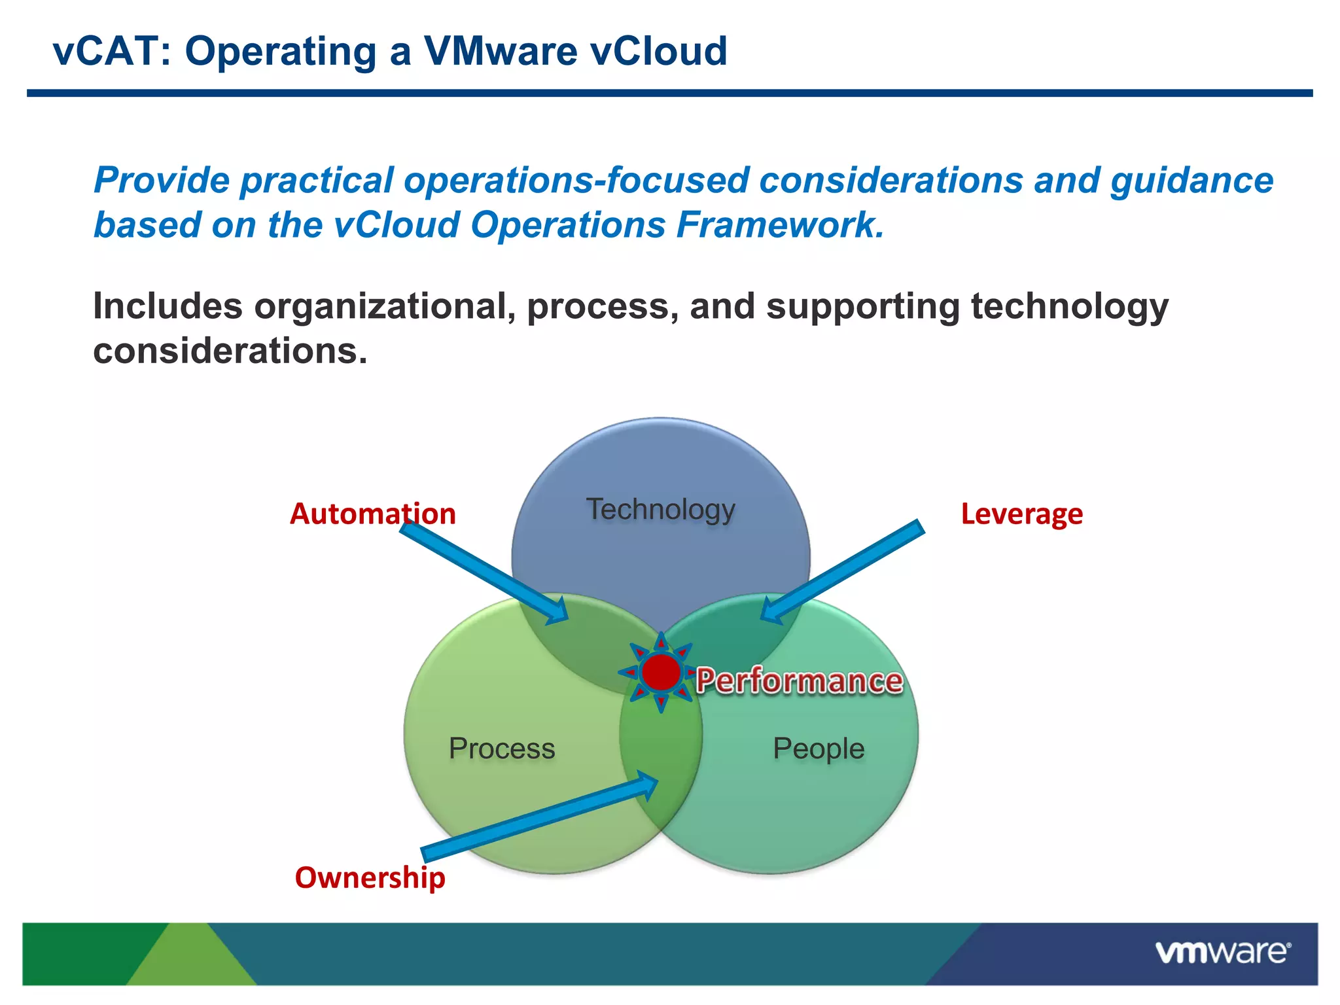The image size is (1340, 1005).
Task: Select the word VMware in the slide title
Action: click(x=501, y=51)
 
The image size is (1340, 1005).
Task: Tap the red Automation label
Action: click(x=372, y=514)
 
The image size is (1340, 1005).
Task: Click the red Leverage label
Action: click(x=1021, y=514)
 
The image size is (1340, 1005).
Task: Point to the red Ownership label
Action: click(x=370, y=877)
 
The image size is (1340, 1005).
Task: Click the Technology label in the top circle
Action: click(x=660, y=510)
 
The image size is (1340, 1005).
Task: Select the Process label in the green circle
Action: click(x=502, y=749)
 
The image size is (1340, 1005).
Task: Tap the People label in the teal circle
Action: click(x=819, y=749)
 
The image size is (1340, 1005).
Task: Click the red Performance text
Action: click(x=799, y=681)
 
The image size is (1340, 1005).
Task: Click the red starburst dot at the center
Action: click(x=661, y=673)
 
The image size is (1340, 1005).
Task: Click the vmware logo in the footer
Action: click(x=1222, y=952)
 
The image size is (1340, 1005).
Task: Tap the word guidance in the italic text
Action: click(x=1191, y=181)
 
